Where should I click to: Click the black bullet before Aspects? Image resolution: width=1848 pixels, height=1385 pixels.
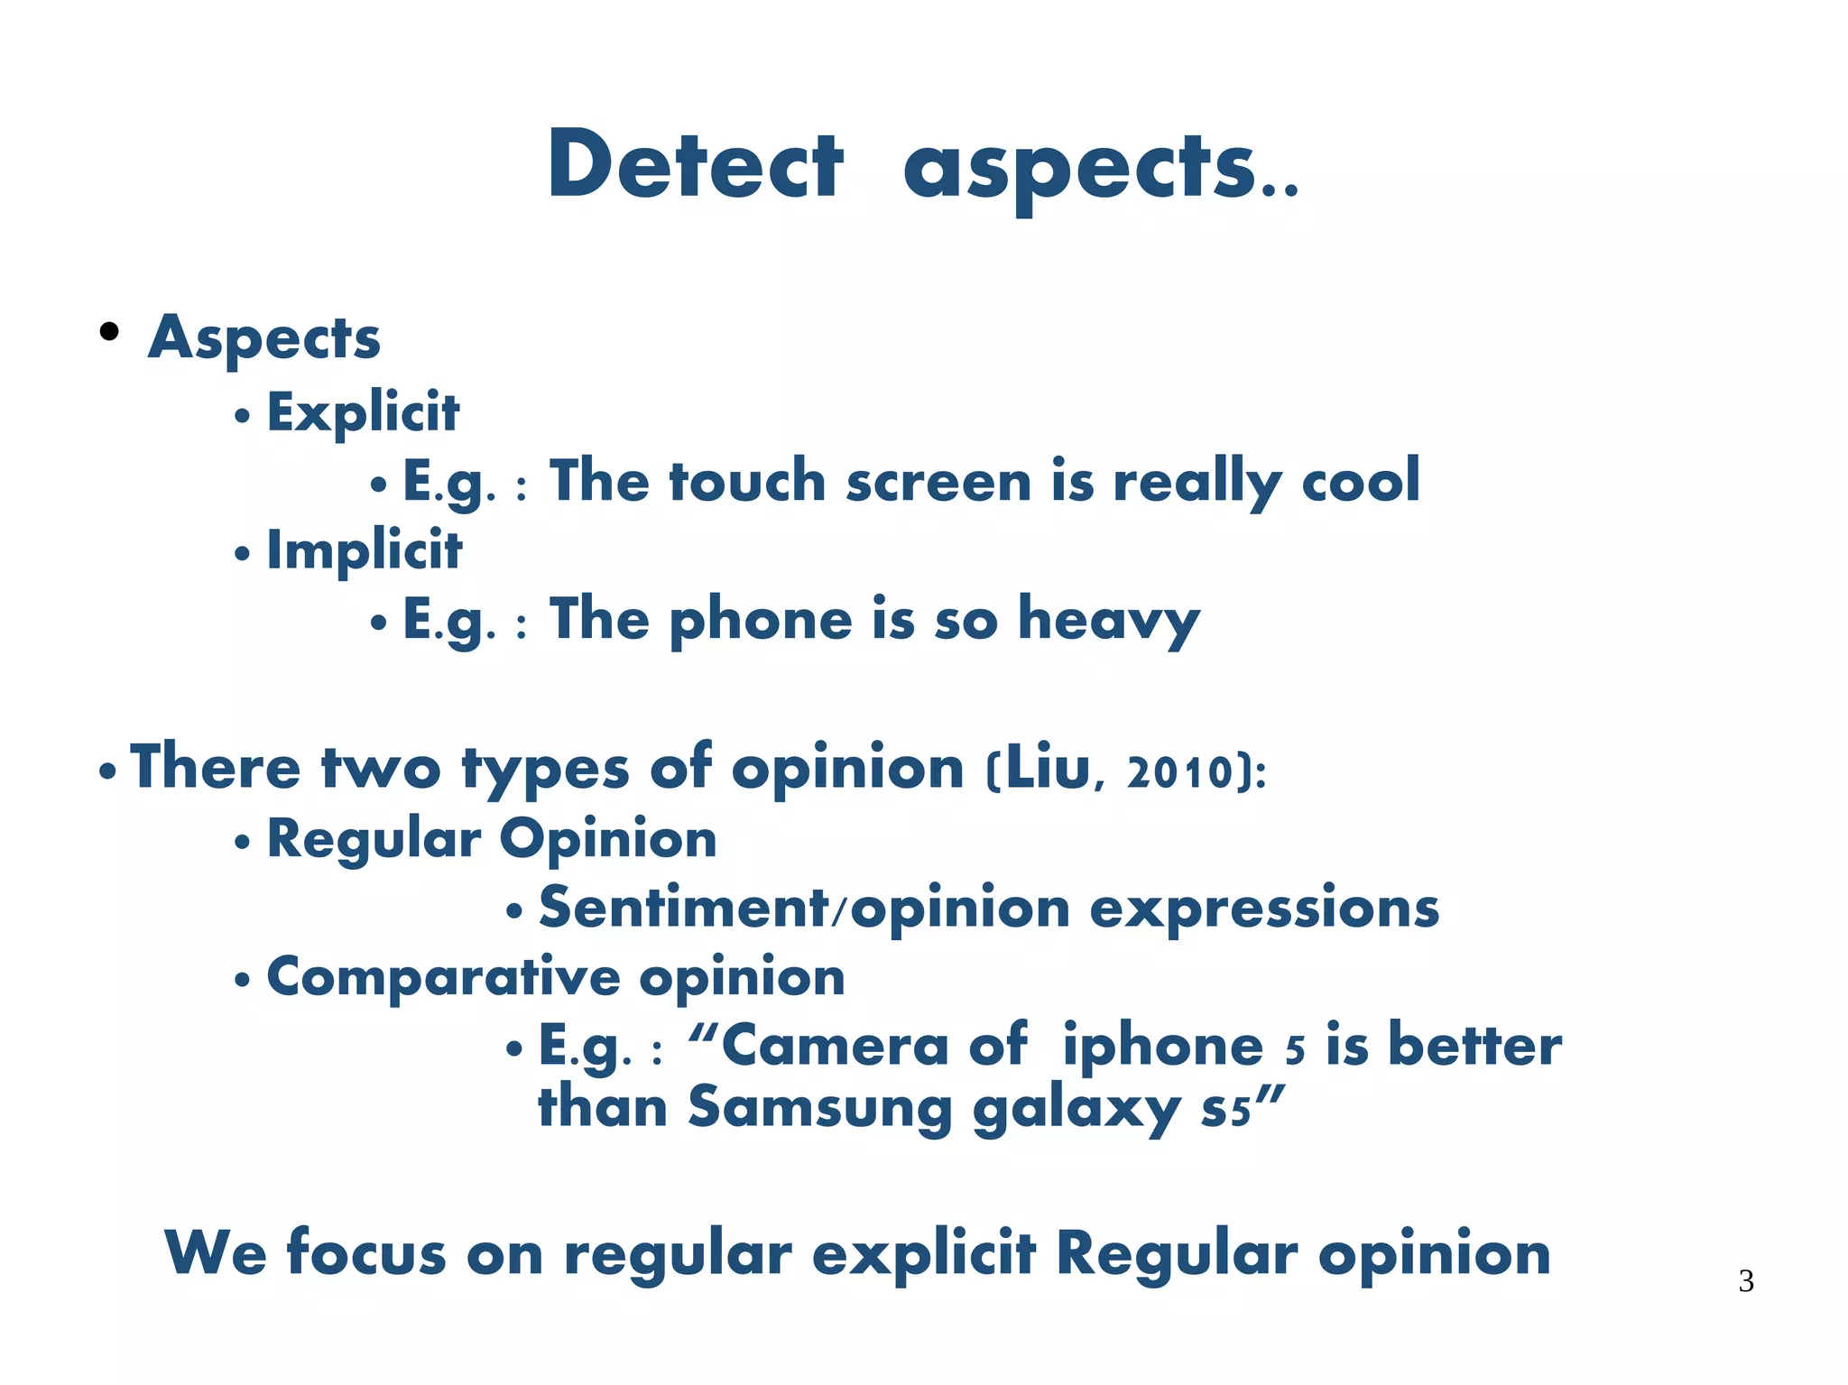[109, 332]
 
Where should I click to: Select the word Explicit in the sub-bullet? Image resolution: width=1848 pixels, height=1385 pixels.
[363, 413]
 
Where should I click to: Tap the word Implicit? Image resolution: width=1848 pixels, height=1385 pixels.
[365, 551]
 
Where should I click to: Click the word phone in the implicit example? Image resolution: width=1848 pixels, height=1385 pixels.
[761, 621]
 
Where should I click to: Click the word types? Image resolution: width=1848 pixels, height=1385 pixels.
[545, 770]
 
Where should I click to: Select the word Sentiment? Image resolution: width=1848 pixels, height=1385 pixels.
[683, 908]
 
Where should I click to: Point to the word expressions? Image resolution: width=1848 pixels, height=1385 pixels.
[1263, 909]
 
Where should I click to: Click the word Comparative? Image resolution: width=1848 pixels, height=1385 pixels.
[443, 977]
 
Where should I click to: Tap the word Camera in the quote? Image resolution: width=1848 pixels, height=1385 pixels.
[835, 1047]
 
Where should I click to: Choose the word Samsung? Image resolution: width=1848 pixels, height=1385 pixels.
[819, 1108]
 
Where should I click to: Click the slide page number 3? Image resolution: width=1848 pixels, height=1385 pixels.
[1745, 1281]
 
